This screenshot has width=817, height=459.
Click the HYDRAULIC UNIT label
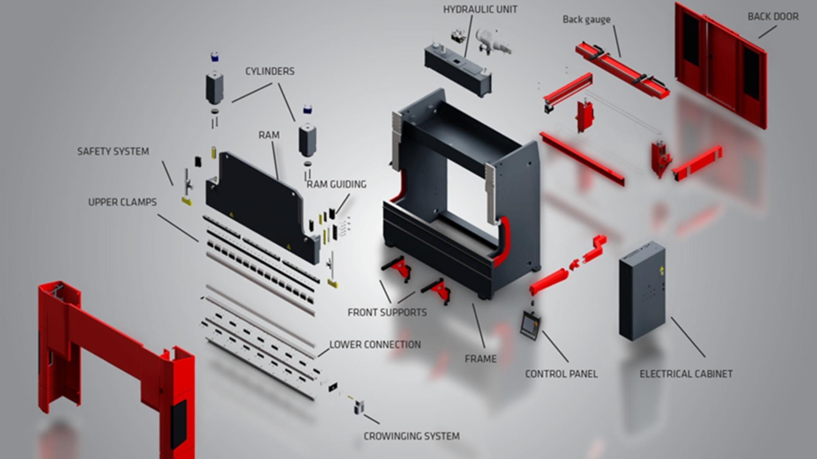click(x=480, y=9)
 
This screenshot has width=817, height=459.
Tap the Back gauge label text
click(x=586, y=20)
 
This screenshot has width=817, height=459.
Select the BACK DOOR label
click(x=773, y=17)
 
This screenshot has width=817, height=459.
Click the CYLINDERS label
click(x=270, y=71)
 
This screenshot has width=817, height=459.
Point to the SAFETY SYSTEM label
click(x=113, y=152)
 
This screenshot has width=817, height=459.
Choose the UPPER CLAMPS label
click(x=122, y=202)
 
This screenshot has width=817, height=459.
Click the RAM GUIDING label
click(x=336, y=184)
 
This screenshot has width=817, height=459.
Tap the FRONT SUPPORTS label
click(x=387, y=313)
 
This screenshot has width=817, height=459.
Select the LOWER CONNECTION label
click(x=375, y=345)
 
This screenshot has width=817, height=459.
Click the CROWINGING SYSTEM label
click(x=411, y=436)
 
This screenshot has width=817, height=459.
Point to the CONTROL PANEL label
click(x=561, y=374)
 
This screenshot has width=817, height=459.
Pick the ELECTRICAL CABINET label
click(x=686, y=374)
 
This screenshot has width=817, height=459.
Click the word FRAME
click(x=480, y=359)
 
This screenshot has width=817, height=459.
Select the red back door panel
click(x=721, y=64)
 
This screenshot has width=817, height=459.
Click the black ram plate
click(x=255, y=200)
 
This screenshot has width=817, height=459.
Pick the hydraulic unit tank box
click(x=457, y=68)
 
